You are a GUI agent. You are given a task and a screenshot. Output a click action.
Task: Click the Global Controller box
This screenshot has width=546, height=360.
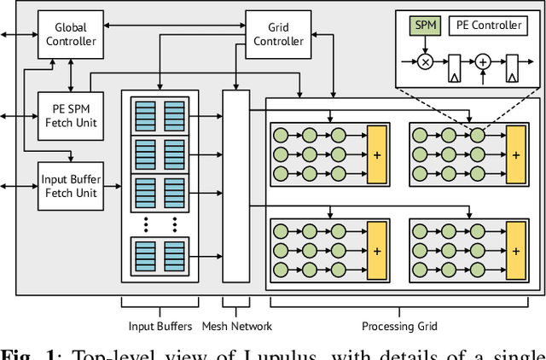[x=70, y=34]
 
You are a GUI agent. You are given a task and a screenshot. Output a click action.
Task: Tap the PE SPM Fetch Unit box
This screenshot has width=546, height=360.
[x=70, y=115]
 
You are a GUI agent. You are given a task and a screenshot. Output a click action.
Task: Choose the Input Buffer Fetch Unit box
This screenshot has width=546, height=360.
[x=70, y=186]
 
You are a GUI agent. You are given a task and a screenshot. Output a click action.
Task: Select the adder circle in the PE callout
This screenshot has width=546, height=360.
[x=482, y=63]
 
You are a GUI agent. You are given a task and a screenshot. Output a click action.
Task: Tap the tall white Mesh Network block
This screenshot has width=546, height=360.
[x=235, y=186]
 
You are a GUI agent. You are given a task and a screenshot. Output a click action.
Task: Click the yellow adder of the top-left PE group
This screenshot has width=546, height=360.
[x=376, y=154]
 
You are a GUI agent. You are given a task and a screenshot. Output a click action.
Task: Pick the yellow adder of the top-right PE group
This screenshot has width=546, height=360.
[x=515, y=154]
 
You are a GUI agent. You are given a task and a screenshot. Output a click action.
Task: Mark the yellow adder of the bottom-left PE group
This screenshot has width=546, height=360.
[x=376, y=249]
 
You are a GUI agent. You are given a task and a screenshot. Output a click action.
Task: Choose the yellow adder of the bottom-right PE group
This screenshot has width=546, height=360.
[x=515, y=249]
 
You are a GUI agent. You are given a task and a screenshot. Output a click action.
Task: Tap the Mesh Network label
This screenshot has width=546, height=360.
[x=236, y=325]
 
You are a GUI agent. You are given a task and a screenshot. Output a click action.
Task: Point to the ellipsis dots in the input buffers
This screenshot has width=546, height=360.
[x=160, y=224]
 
